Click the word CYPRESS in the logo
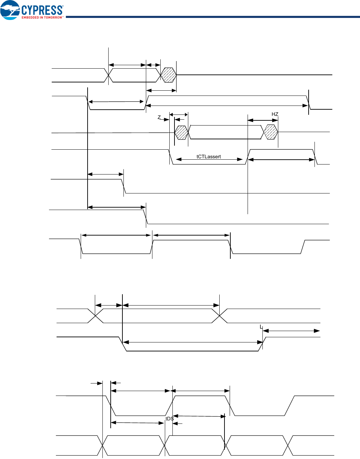coord(42,10)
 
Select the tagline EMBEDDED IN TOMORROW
coord(42,17)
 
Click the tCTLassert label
coord(209,157)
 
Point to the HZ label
coord(275,114)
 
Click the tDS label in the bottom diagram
coord(169,419)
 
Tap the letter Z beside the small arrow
coord(159,117)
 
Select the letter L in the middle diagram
coord(261,327)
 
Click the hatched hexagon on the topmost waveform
coord(169,75)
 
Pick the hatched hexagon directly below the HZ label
coord(271,132)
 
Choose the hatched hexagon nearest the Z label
coord(181,132)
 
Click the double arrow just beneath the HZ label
coord(263,120)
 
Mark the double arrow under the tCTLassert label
coord(209,159)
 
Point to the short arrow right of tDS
coord(177,423)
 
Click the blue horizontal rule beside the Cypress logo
coord(212,17)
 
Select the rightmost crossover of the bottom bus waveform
coord(288,446)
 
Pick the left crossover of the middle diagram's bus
coord(96,316)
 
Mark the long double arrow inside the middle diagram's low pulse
coord(193,342)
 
